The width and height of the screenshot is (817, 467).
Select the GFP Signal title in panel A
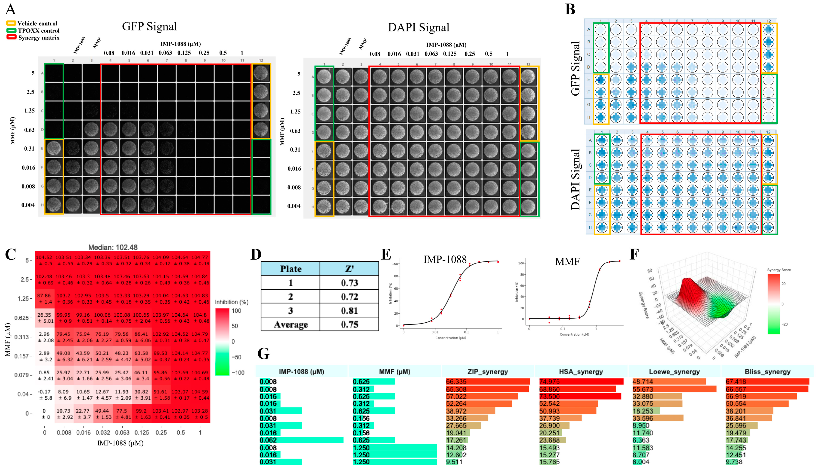[149, 26]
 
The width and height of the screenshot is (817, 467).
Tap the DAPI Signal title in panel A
[418, 27]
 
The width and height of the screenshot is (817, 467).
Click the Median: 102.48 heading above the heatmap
[113, 247]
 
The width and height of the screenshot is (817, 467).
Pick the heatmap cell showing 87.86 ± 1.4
[44, 299]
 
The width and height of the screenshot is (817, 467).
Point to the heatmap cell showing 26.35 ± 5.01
[44, 318]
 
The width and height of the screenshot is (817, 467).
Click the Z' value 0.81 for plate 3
[349, 310]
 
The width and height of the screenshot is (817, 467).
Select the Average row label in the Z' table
[290, 324]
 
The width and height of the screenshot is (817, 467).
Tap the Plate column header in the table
[290, 269]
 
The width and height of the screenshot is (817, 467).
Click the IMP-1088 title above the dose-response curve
[445, 259]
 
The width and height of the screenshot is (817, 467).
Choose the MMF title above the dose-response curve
[567, 262]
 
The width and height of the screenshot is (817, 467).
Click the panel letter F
[634, 254]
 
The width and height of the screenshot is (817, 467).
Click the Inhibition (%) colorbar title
[231, 302]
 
